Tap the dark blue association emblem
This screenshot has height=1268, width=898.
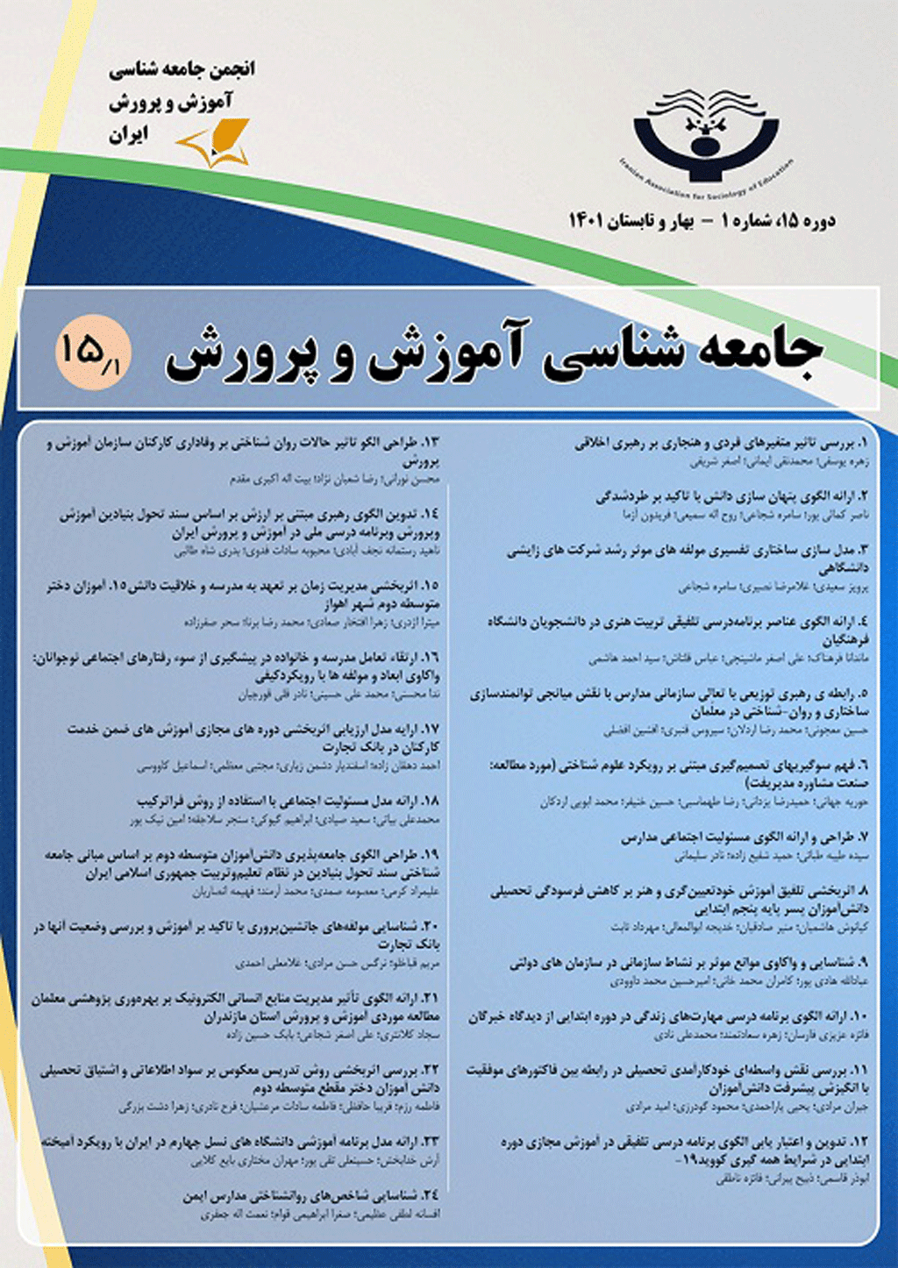coord(706,132)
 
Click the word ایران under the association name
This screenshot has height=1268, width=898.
coord(128,134)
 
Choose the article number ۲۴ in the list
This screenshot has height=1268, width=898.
coord(430,1195)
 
